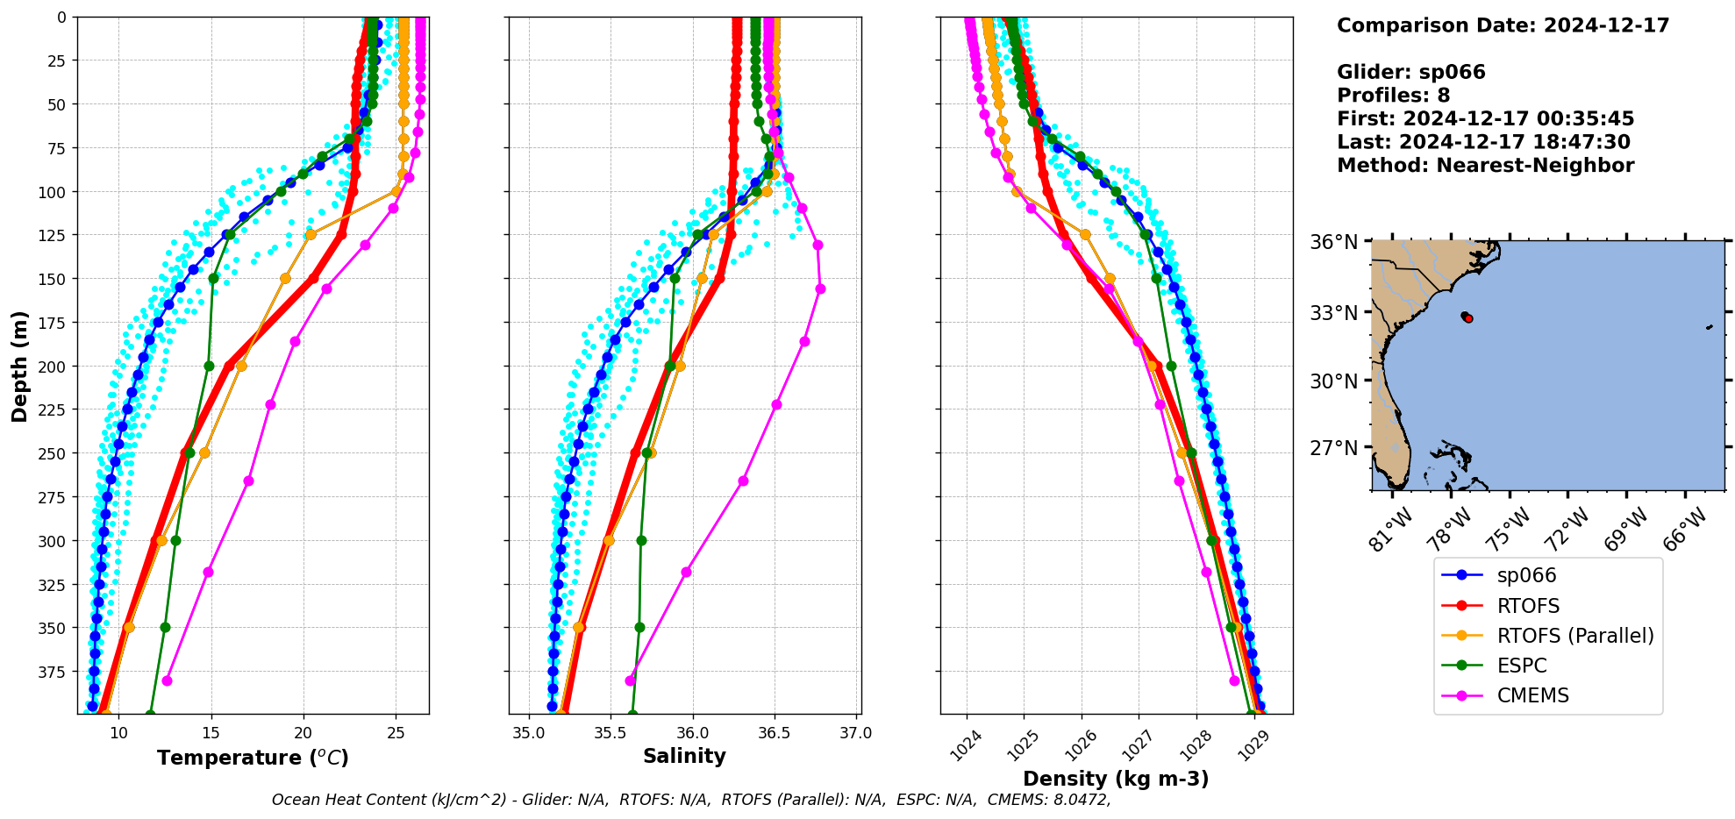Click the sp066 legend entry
point(1526,576)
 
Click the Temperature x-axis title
point(253,758)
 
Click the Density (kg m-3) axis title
point(1116,779)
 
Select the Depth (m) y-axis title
point(19,366)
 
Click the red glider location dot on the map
point(1468,318)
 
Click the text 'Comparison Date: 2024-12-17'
point(1503,25)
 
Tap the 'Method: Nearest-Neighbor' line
point(1485,166)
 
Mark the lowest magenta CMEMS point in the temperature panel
point(167,680)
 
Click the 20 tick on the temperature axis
point(303,733)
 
